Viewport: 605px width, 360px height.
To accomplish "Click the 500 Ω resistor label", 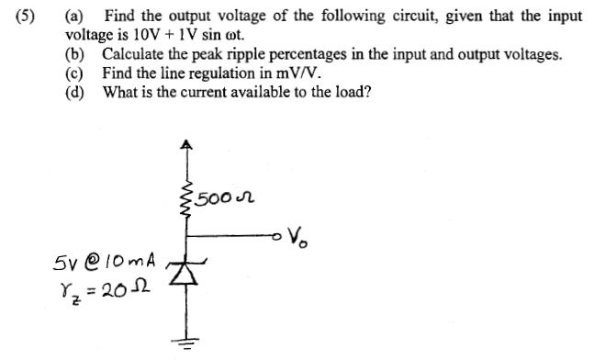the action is [226, 197].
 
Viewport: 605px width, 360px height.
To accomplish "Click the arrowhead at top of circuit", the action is [187, 145].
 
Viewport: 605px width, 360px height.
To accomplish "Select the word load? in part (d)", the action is [352, 92].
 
